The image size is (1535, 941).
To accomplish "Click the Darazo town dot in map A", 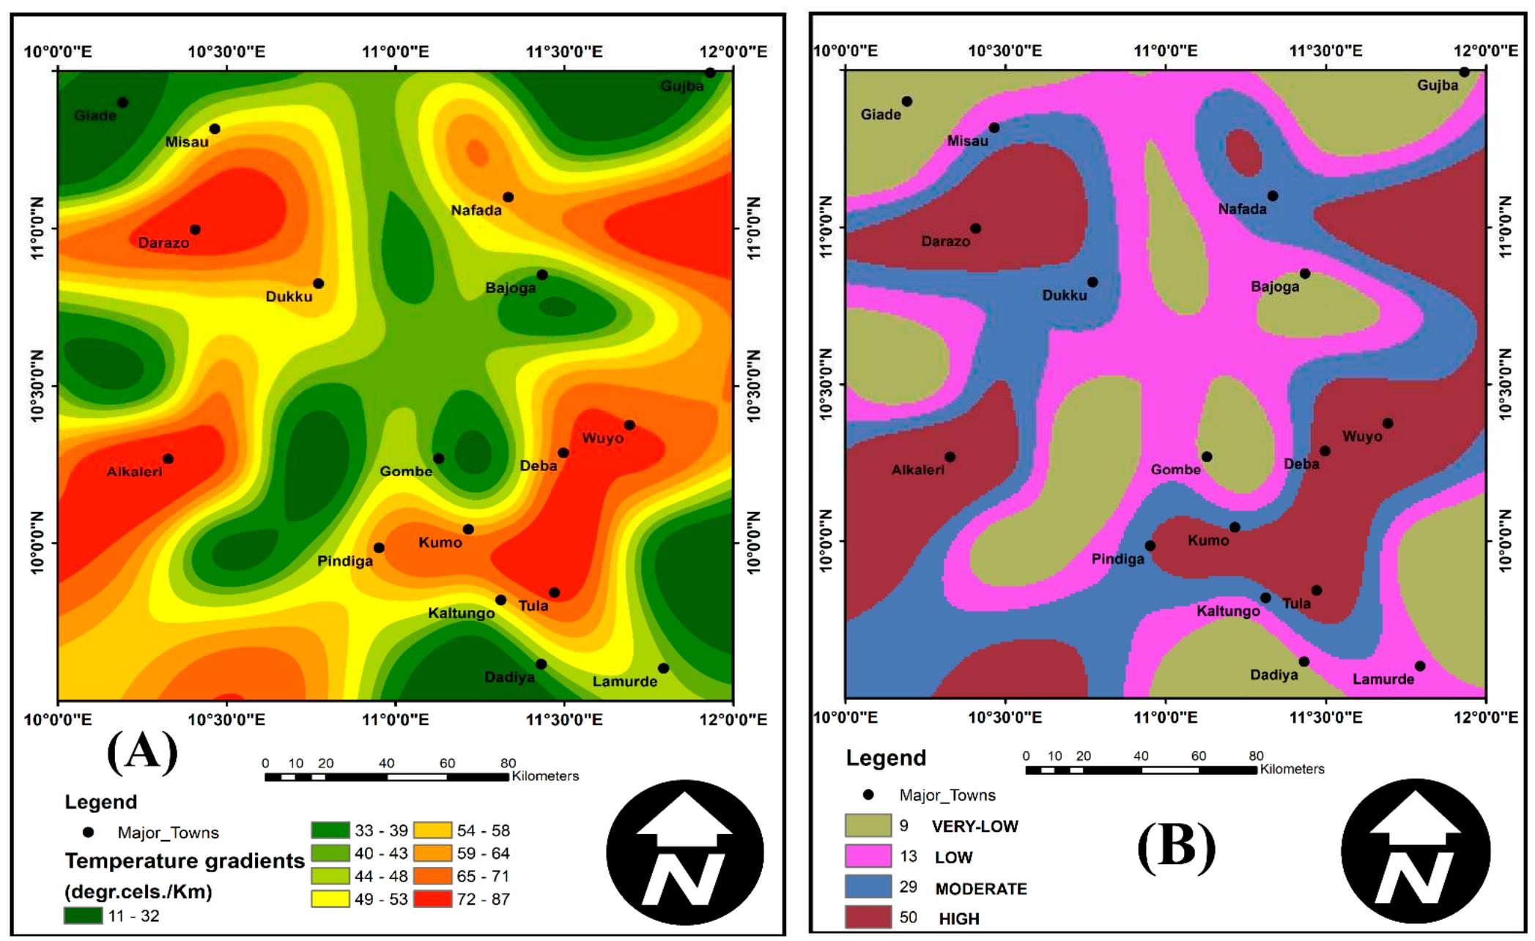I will (x=195, y=229).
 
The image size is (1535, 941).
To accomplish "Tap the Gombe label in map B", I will (x=1175, y=469).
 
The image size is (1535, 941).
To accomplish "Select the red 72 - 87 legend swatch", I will (x=432, y=899).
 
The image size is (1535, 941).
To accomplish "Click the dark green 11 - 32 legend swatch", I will (x=83, y=915).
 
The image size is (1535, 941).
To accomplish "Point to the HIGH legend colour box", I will (x=868, y=917).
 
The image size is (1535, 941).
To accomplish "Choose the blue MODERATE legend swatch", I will (x=868, y=887).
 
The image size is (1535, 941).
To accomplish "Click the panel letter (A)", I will (x=142, y=751).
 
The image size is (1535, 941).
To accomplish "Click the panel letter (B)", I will (x=1176, y=846).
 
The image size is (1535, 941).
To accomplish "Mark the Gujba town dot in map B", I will (x=1464, y=72).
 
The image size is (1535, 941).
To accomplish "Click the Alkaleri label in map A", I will (x=134, y=472).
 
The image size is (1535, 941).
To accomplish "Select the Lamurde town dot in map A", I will (x=663, y=668).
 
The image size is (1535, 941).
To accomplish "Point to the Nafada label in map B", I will (x=1242, y=209).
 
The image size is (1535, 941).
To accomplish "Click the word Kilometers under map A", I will (x=545, y=776).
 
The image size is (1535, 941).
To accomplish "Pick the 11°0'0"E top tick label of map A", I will (x=396, y=51).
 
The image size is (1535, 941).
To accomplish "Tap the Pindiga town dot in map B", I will (x=1150, y=546).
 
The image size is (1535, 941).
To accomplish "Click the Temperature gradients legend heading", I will (x=185, y=860).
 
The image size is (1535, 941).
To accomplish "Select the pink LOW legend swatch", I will (x=868, y=856).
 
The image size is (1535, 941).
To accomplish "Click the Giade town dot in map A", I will (x=122, y=103).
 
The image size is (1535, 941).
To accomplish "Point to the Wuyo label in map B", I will (x=1362, y=436).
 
